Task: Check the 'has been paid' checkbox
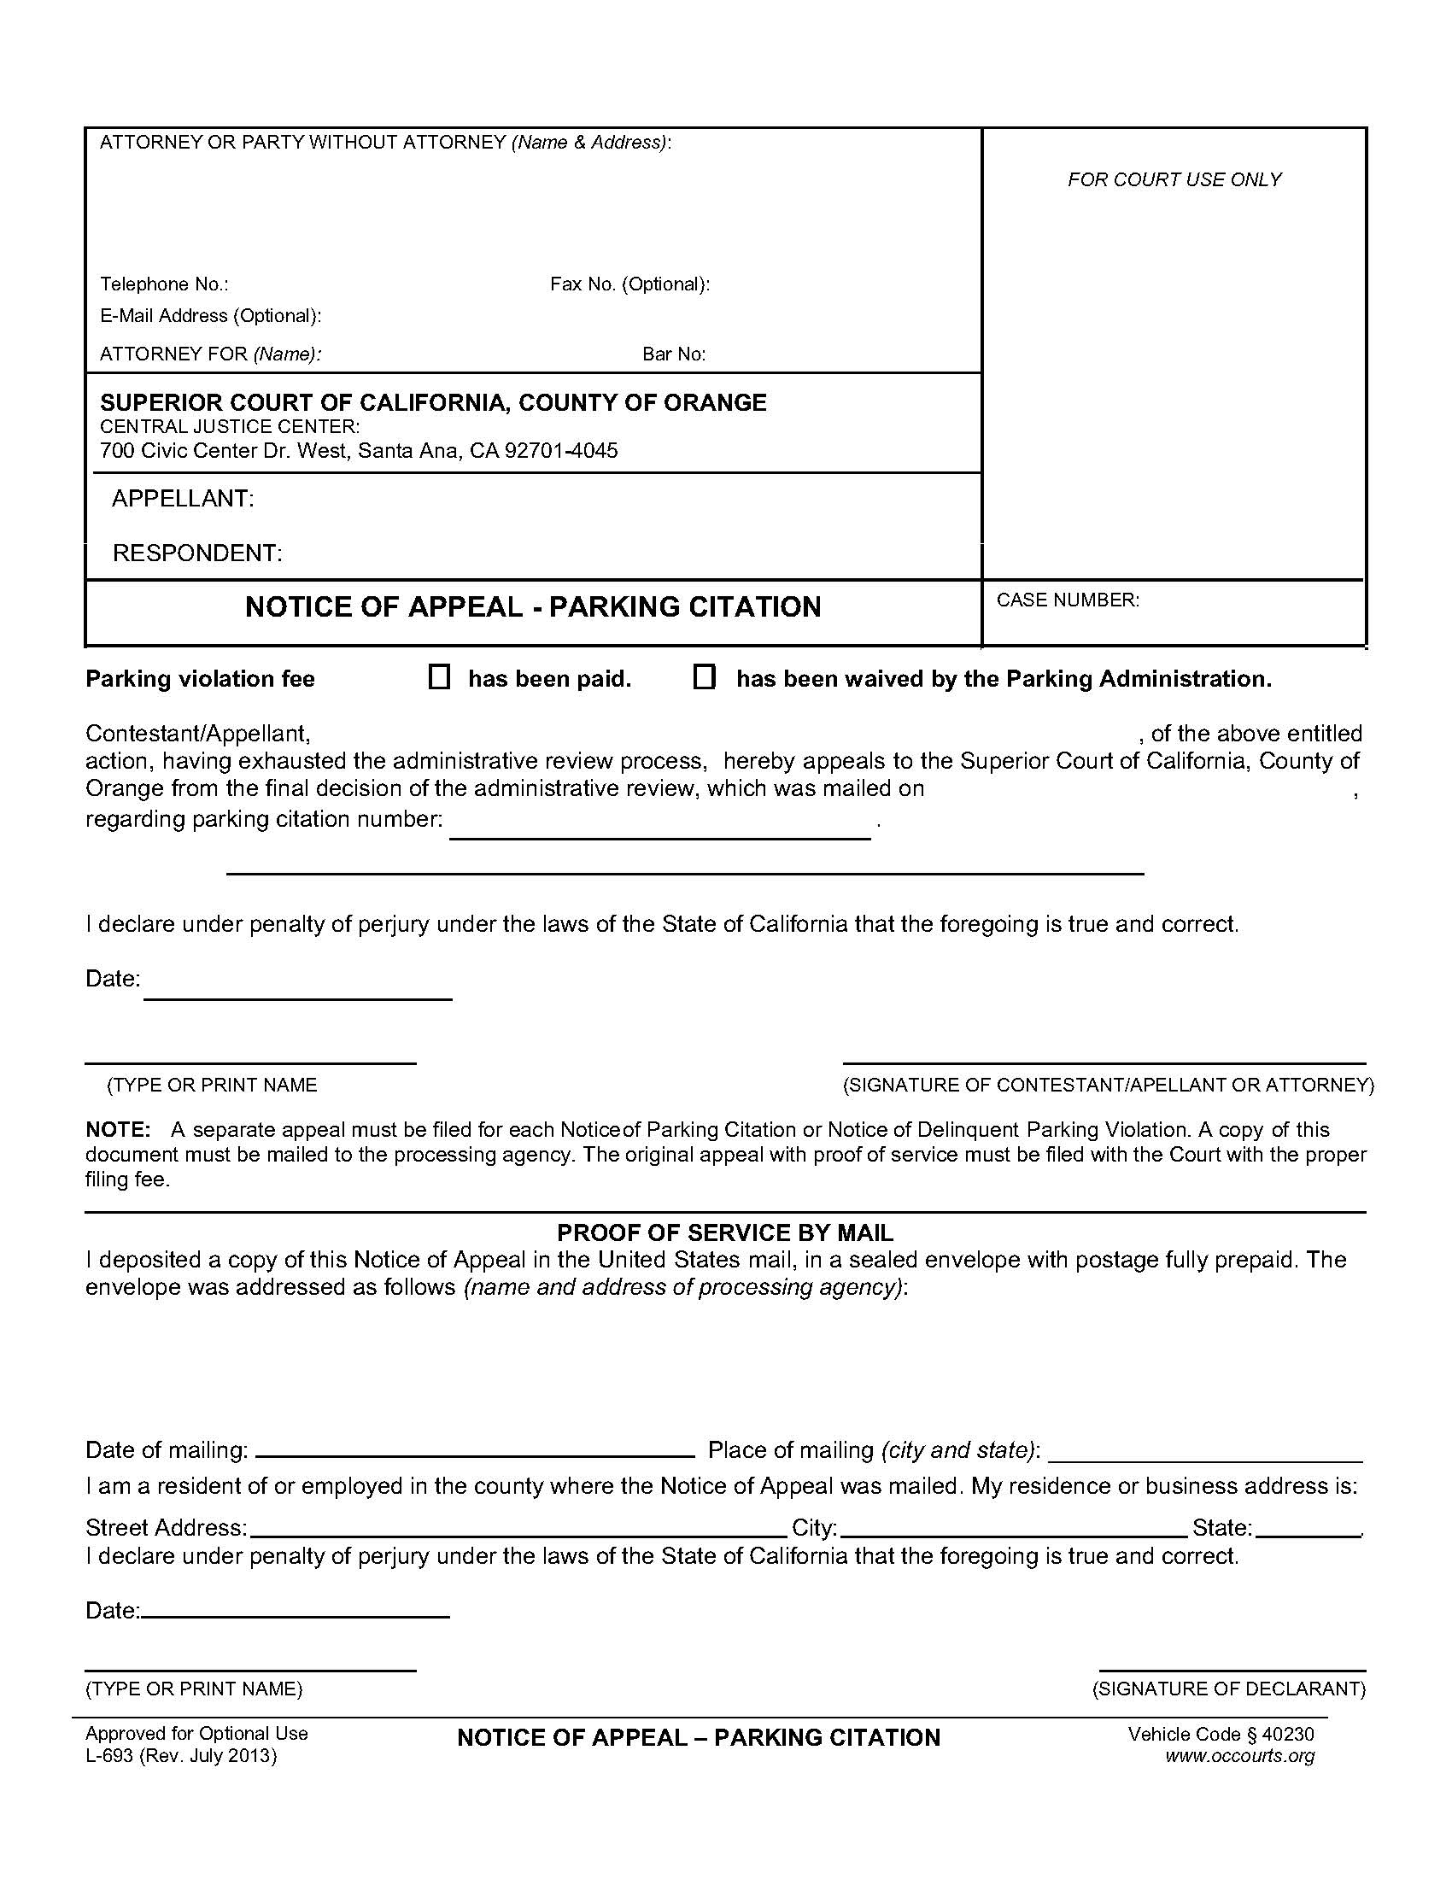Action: (x=439, y=678)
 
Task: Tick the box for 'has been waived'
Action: (x=704, y=678)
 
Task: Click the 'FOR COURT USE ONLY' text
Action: (x=1174, y=179)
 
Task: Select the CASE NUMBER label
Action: (x=1068, y=600)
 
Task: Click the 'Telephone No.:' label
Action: (x=164, y=284)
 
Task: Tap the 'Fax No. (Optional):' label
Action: (x=629, y=284)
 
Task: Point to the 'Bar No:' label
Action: (x=674, y=354)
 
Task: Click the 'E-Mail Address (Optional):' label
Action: (x=211, y=316)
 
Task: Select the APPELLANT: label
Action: (x=183, y=498)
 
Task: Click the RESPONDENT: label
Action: (x=197, y=553)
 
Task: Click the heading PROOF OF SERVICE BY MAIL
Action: (x=725, y=1232)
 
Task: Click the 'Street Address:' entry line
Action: (x=516, y=1527)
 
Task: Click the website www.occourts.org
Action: (x=1239, y=1756)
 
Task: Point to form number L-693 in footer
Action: (x=109, y=1756)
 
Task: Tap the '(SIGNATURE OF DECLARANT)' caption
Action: (x=1228, y=1689)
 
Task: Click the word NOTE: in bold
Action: (x=118, y=1129)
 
